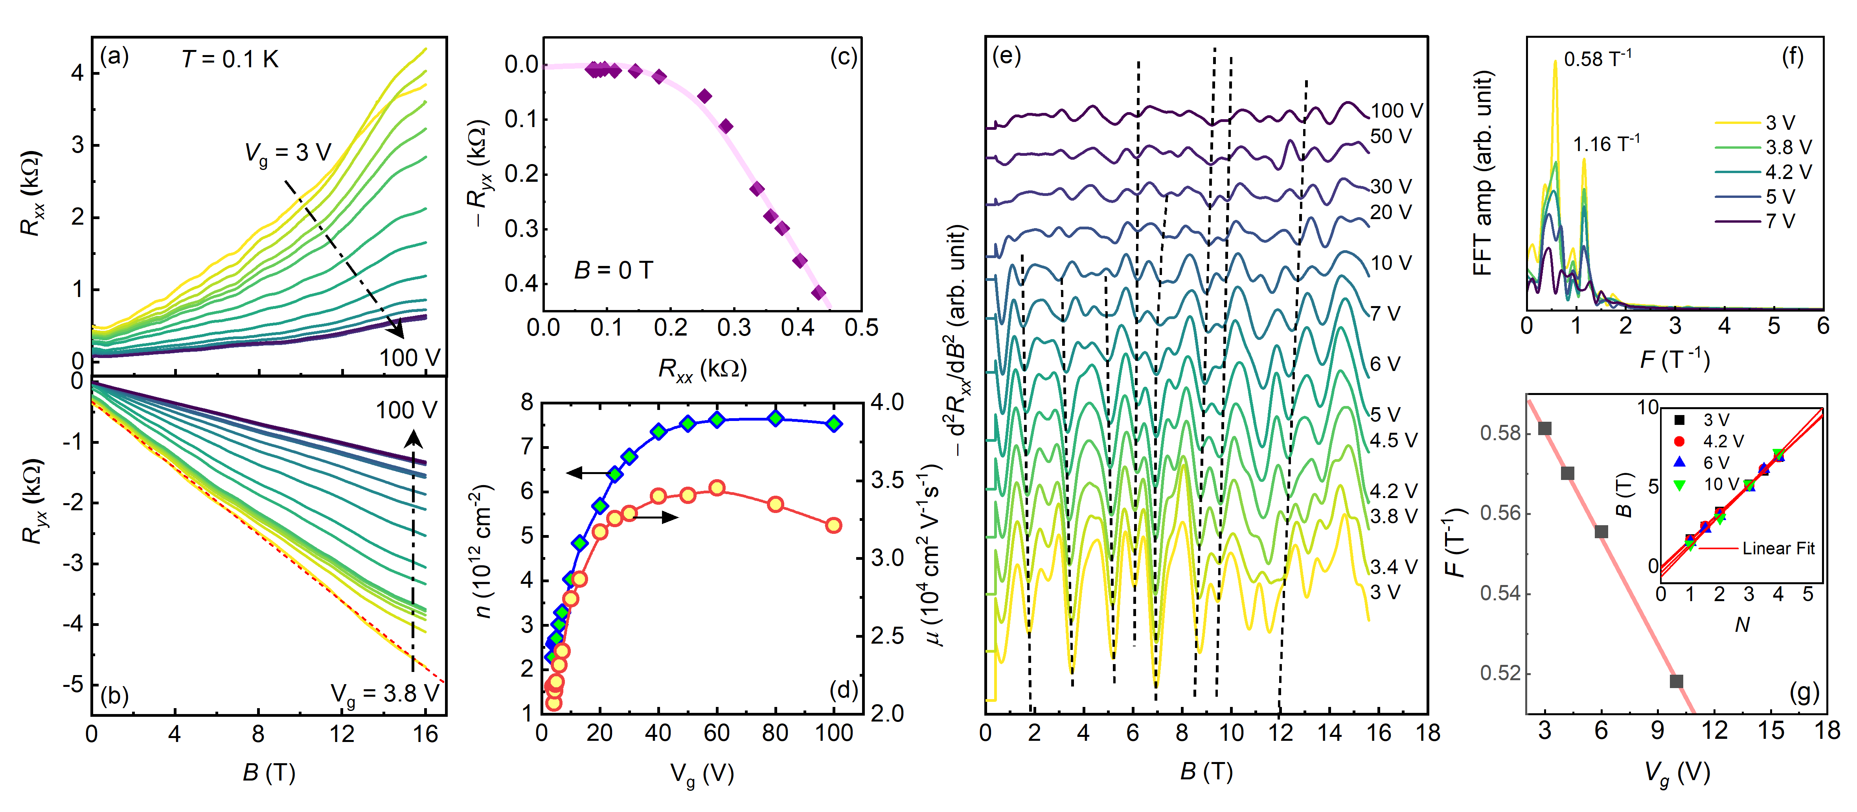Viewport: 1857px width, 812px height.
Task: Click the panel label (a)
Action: pyautogui.click(x=114, y=56)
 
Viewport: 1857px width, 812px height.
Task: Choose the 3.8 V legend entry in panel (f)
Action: pyautogui.click(x=1788, y=147)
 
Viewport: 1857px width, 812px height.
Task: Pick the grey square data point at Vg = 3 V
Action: pyautogui.click(x=1544, y=428)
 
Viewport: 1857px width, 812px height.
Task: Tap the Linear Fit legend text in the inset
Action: pyautogui.click(x=1778, y=548)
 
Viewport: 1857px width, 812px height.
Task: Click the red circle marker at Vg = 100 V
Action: pyautogui.click(x=833, y=525)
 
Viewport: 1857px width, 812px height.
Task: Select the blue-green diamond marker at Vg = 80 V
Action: pyautogui.click(x=775, y=418)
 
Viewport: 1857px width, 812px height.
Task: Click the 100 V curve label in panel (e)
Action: pyautogui.click(x=1396, y=110)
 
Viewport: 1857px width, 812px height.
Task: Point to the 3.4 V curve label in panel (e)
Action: pyautogui.click(x=1393, y=567)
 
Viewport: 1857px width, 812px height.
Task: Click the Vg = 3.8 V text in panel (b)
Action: pyautogui.click(x=384, y=694)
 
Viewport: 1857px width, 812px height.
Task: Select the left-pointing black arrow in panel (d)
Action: pyautogui.click(x=588, y=473)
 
